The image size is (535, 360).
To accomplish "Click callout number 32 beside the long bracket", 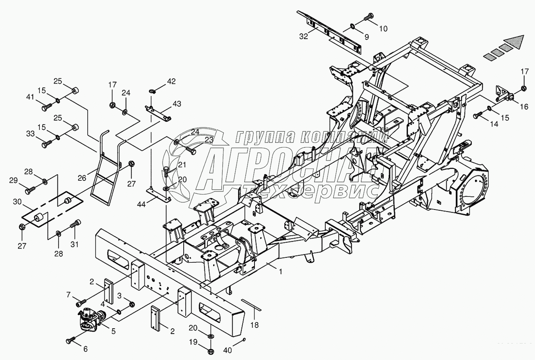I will pos(303,36).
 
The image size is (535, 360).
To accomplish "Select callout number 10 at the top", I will pos(383,28).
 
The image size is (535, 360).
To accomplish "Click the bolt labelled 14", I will pos(478,114).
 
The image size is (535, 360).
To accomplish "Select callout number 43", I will pos(177,104).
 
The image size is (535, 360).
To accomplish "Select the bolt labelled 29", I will pos(30,189).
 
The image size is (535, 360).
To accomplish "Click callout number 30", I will pos(16,202).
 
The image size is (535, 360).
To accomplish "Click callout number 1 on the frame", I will pos(281,272).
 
